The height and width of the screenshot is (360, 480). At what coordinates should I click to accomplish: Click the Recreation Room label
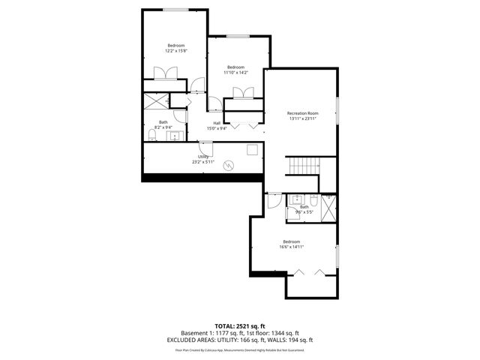[x=303, y=113]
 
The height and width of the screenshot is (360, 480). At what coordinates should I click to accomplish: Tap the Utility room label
[x=203, y=156]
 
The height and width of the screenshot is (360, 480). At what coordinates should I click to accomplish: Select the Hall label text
[x=217, y=123]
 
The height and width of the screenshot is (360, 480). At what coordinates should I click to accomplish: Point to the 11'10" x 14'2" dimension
[x=236, y=73]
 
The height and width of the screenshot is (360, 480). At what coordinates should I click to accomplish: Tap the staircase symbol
[x=304, y=166]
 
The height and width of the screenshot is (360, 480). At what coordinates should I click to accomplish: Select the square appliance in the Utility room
[x=251, y=150]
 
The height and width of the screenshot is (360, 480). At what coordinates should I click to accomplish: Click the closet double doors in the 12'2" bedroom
[x=165, y=73]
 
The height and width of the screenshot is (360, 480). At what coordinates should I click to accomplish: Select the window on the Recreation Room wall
[x=337, y=109]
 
